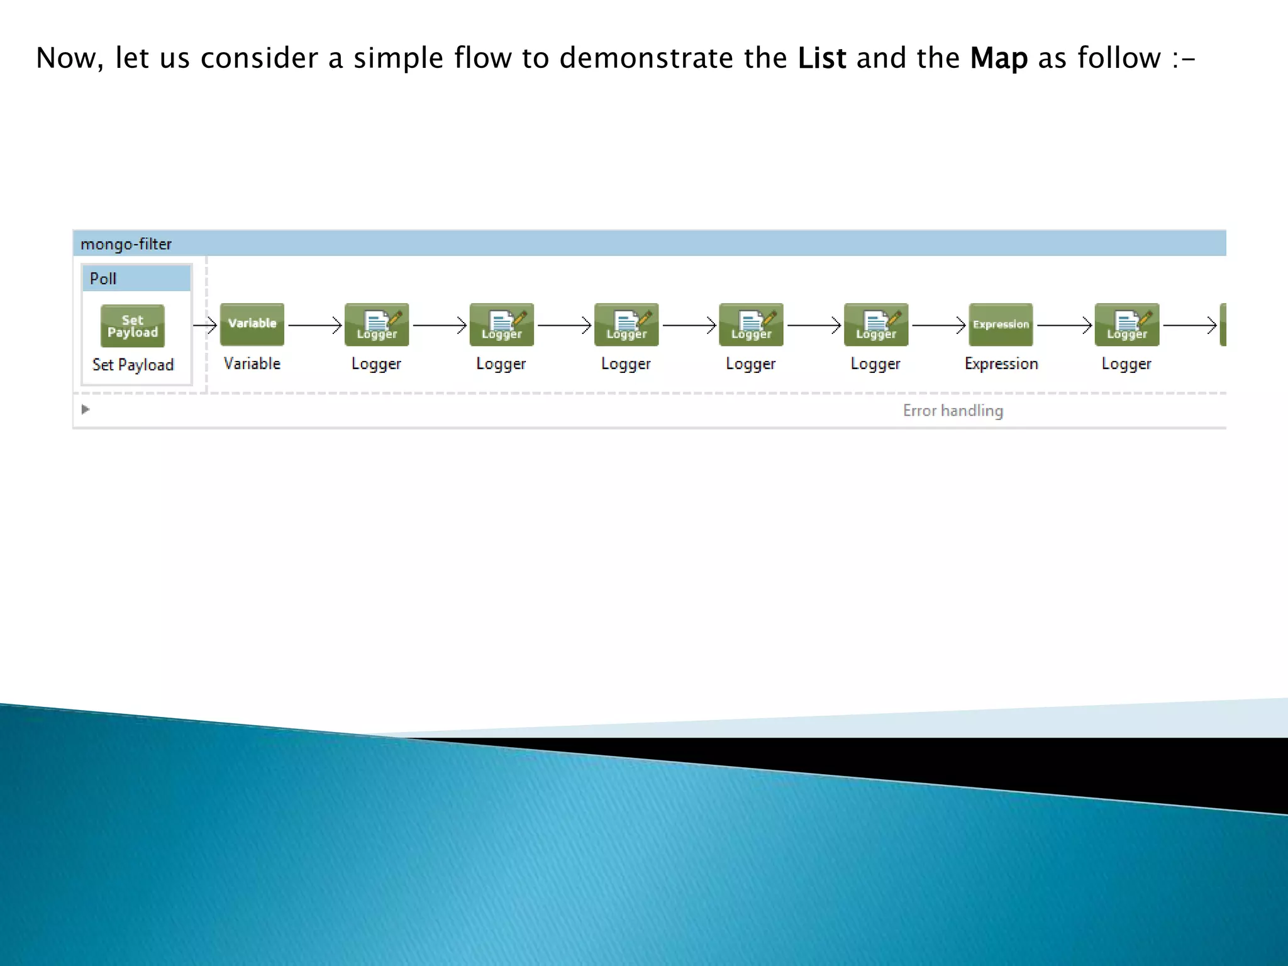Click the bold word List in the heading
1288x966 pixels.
pos(821,58)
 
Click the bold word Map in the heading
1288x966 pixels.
pos(998,58)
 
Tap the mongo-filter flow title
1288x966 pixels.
pos(126,244)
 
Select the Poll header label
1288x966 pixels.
pos(103,279)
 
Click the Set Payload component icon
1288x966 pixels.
pos(133,326)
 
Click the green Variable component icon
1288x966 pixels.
pos(252,325)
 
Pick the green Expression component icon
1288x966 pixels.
pos(1001,325)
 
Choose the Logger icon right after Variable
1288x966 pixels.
pos(377,325)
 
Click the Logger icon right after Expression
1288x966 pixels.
pos(1126,325)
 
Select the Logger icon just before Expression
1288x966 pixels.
pos(876,325)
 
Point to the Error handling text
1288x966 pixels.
pos(953,411)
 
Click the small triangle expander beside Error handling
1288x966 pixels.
pos(86,409)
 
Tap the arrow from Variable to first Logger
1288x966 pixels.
pos(314,325)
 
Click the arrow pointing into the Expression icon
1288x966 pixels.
pos(938,325)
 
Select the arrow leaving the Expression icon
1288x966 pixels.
pos(1064,325)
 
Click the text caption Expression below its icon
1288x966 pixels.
pos(1001,364)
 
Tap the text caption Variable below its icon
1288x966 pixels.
pos(252,364)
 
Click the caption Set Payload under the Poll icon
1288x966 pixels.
pos(133,365)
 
